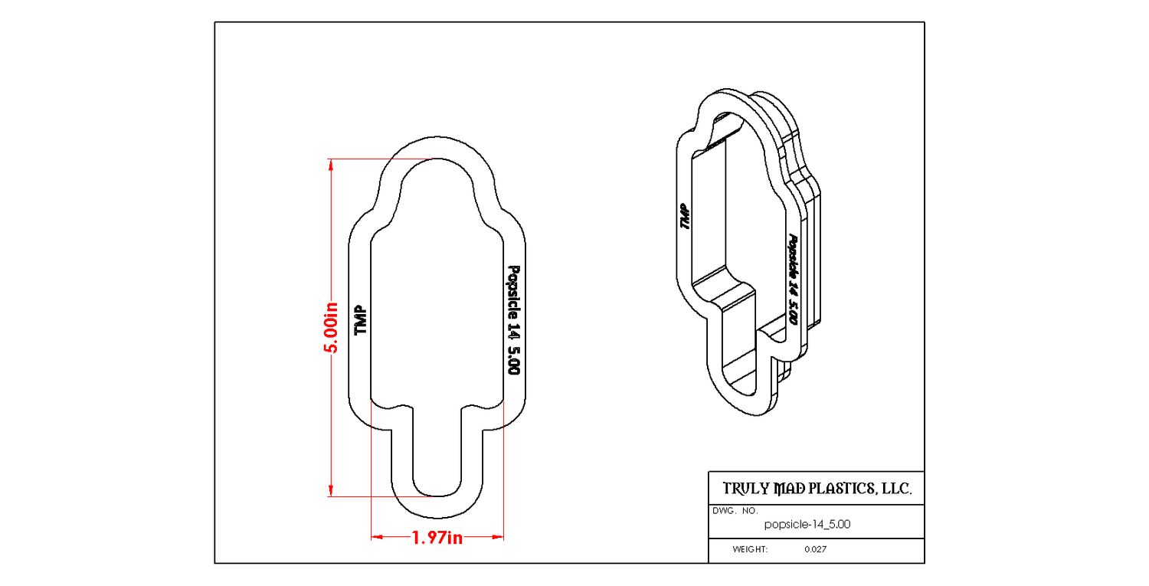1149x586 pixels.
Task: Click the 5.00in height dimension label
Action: click(332, 328)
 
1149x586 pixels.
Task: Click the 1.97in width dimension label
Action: click(437, 538)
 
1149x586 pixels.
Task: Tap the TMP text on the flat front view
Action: click(361, 320)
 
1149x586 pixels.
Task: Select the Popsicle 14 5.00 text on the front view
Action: click(513, 320)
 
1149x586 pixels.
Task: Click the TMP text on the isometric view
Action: click(685, 216)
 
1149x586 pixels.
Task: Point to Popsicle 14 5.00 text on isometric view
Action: click(793, 279)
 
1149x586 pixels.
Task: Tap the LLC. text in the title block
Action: click(897, 489)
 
